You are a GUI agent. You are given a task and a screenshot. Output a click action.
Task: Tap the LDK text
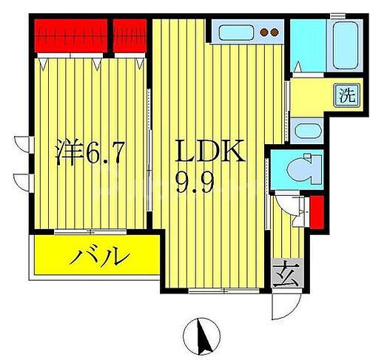point(209,153)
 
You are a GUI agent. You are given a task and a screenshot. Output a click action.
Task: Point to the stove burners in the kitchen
point(269,32)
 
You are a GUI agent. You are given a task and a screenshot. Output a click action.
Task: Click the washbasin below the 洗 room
point(305,132)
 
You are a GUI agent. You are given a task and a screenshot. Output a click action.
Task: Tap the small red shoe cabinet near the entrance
point(316,211)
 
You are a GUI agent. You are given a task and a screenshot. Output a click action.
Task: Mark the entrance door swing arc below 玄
point(284,305)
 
